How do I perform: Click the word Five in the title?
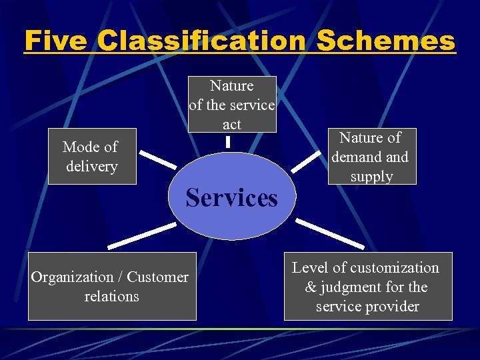point(56,41)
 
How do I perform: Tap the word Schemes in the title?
point(386,41)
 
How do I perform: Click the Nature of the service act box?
point(231,104)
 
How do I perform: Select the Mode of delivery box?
point(91,156)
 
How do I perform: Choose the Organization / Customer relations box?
point(111,286)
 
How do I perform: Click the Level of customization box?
point(367,286)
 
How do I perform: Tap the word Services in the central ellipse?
point(231,197)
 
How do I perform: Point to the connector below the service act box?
point(228,141)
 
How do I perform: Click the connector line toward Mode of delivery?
point(157,160)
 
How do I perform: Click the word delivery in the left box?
point(91,166)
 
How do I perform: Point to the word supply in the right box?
point(372,177)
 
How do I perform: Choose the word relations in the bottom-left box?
point(111,296)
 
